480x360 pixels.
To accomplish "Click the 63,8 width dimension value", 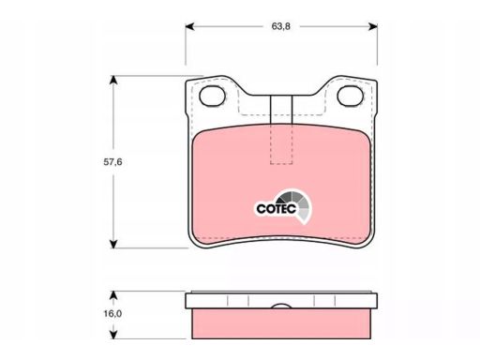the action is [x=281, y=26].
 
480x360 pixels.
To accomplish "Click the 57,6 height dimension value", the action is [x=112, y=162].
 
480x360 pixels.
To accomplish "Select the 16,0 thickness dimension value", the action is [x=112, y=313].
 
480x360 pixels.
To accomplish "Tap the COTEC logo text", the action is [x=276, y=208].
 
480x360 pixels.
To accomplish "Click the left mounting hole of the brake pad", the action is [x=213, y=96].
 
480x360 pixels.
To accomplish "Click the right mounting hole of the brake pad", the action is [x=351, y=96].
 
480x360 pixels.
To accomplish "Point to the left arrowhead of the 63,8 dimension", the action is [x=190, y=27].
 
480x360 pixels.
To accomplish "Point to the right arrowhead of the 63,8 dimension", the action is [x=373, y=27].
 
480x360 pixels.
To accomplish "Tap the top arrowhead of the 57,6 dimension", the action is [x=113, y=80].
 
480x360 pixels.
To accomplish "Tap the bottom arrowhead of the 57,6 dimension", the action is [x=113, y=244].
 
